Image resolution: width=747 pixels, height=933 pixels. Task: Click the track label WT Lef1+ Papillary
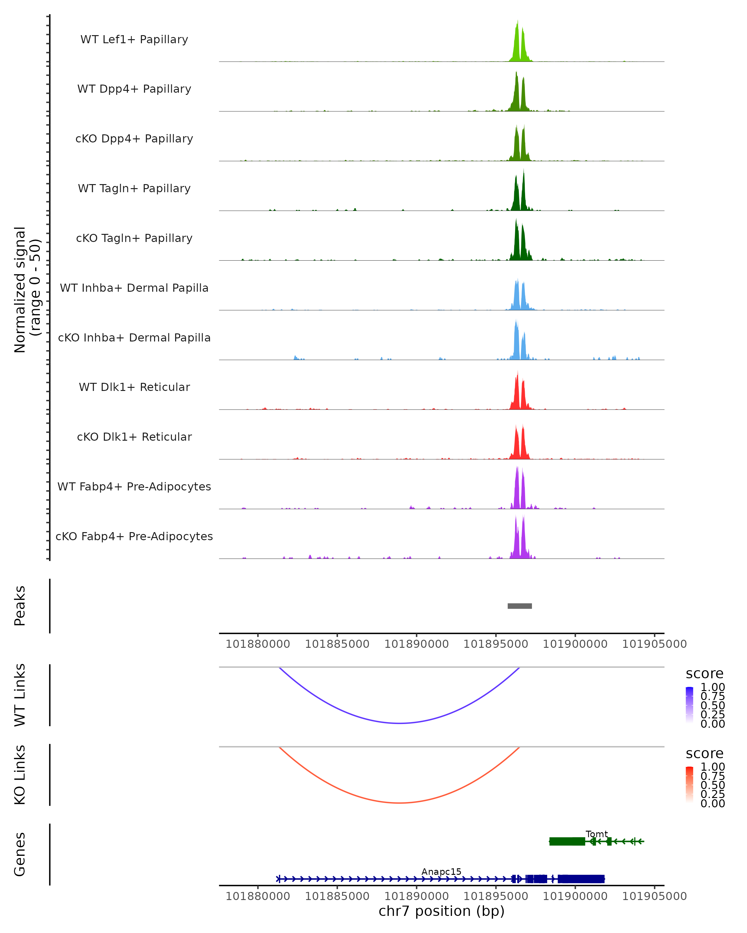pos(134,39)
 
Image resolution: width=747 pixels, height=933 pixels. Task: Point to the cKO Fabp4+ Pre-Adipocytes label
pos(134,536)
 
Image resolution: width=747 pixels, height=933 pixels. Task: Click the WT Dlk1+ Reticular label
pos(134,387)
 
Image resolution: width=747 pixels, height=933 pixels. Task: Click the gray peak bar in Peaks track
pos(520,606)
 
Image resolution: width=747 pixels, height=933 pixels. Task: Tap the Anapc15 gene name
pos(441,871)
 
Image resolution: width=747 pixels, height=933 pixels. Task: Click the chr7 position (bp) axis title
pos(441,911)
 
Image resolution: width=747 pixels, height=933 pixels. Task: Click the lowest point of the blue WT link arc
pos(400,723)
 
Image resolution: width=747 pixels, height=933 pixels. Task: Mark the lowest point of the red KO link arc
pos(400,803)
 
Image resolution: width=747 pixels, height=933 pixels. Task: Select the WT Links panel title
pos(20,695)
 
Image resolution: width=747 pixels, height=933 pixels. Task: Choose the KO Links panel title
pos(20,775)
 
